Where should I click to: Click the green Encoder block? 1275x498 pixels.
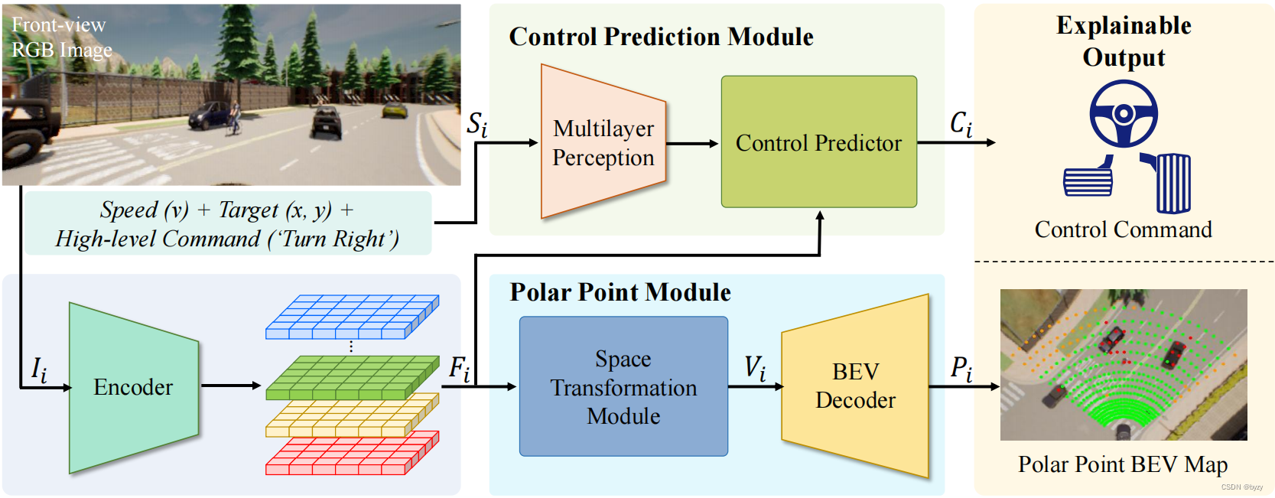pos(133,387)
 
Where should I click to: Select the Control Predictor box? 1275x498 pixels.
pos(818,142)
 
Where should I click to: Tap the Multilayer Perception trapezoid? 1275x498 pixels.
pos(603,142)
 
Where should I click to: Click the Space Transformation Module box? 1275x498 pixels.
pos(623,387)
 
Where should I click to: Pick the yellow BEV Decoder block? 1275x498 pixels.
pos(855,386)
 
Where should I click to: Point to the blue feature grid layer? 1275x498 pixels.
pos(352,317)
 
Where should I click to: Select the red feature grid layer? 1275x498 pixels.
pos(352,453)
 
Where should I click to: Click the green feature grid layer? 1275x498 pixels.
pos(352,377)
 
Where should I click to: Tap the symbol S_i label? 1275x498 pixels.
pos(477,124)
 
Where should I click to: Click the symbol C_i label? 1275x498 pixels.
pos(961,123)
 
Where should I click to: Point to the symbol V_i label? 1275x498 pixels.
pos(755,368)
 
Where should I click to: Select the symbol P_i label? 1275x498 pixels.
pos(961,369)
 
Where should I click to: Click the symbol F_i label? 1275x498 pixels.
pos(460,369)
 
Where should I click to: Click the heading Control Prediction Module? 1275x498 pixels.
pos(661,37)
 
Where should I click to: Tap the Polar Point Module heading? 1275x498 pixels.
pos(620,292)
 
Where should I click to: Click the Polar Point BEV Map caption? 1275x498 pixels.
pos(1122,464)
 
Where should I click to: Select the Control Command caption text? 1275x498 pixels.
pos(1123,229)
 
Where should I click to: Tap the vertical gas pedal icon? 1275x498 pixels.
pos(1172,184)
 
